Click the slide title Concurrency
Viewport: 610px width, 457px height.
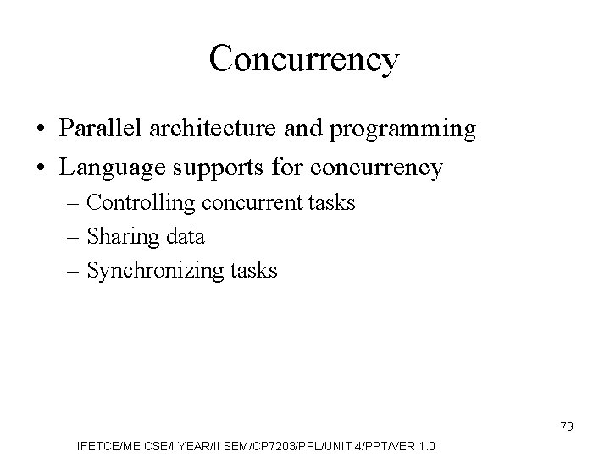pos(303,59)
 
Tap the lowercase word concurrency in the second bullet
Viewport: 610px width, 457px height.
pos(378,168)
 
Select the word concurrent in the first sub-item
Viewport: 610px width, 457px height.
pos(243,204)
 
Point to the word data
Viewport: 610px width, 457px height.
pos(185,237)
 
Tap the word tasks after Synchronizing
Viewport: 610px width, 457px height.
pos(252,271)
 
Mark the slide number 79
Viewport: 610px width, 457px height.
pos(567,427)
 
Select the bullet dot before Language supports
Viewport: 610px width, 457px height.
pos(41,168)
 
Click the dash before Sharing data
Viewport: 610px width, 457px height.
pos(75,238)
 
